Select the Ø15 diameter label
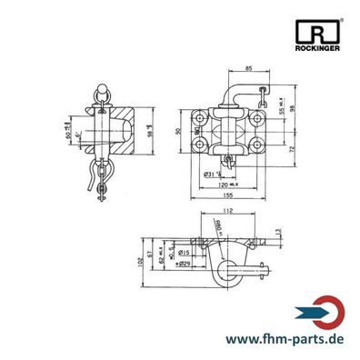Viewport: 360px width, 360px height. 184,252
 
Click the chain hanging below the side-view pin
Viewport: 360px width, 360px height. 102,186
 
